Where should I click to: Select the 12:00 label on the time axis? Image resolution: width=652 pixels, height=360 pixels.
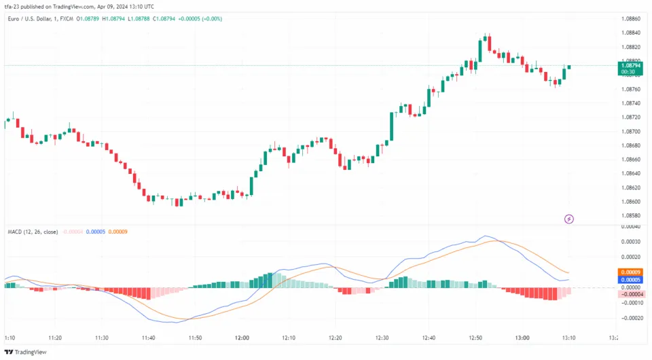(242, 338)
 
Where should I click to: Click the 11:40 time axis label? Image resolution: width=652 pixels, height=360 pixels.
(149, 338)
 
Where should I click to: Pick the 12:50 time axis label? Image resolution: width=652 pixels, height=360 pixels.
(475, 338)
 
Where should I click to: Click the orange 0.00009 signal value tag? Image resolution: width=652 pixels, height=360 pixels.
(631, 272)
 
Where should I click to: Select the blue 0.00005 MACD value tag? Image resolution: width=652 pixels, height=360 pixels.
(631, 280)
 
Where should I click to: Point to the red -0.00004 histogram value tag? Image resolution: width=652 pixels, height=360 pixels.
(631, 294)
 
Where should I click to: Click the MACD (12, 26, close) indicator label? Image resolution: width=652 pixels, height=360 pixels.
(32, 232)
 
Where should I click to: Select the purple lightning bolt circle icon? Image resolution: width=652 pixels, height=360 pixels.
(569, 219)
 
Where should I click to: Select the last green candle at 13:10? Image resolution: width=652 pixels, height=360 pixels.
(569, 67)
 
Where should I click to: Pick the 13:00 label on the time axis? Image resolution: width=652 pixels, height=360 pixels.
(522, 338)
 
